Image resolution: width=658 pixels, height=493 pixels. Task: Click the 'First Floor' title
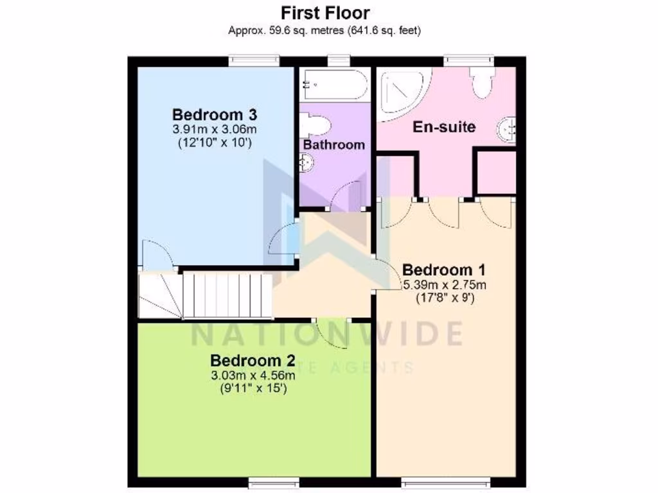[325, 13]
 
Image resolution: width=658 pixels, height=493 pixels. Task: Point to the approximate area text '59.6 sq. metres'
[289, 30]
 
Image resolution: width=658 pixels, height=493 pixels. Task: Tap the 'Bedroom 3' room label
[215, 115]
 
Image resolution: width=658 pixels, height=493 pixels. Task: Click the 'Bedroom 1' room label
[444, 268]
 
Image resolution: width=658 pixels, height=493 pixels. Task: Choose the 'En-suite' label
[444, 126]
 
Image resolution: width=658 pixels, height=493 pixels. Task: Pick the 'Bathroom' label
[333, 144]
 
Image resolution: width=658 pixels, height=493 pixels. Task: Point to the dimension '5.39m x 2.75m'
[444, 284]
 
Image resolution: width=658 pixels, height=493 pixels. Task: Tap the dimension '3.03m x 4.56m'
[253, 374]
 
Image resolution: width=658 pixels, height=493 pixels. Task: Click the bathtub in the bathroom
[333, 85]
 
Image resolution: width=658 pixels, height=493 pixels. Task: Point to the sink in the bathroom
[307, 164]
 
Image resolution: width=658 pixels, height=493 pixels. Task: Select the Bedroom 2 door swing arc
[333, 333]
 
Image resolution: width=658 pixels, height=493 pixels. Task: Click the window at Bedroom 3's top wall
[255, 61]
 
